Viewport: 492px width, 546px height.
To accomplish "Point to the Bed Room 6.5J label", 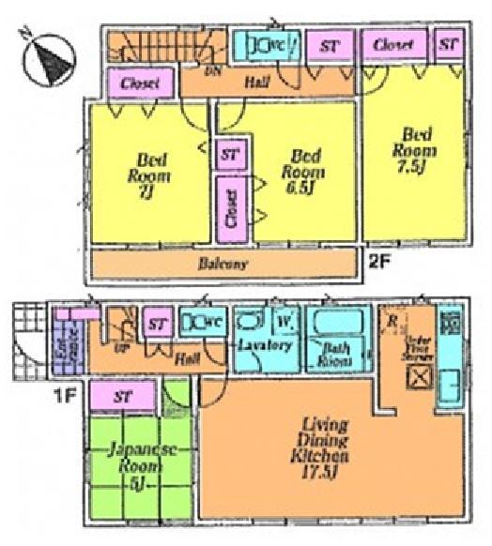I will [306, 166].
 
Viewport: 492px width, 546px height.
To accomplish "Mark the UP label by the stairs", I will [121, 346].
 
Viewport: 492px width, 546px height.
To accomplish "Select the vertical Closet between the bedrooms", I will [230, 207].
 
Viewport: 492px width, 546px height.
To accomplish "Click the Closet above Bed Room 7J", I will [138, 83].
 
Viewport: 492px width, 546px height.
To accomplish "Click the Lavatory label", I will [266, 345].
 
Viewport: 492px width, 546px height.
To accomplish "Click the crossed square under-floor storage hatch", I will [417, 378].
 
